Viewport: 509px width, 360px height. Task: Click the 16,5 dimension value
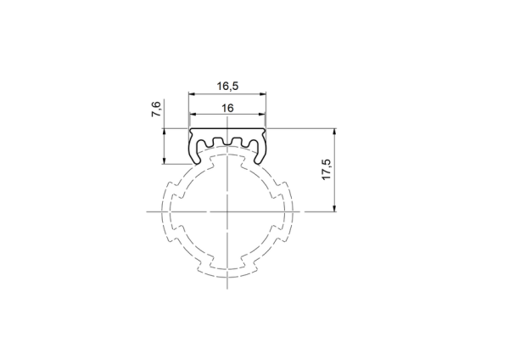click(x=227, y=86)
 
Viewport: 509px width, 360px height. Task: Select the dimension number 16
click(x=227, y=108)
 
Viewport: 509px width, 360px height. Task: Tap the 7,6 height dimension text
click(x=156, y=110)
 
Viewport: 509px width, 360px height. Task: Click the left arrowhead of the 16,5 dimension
click(x=193, y=94)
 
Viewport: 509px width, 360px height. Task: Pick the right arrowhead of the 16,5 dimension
click(x=262, y=94)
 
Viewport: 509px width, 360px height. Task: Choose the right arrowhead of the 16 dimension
click(x=261, y=115)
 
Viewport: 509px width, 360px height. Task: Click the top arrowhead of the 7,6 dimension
click(x=165, y=132)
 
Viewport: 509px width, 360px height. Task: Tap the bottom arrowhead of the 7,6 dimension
click(x=165, y=160)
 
